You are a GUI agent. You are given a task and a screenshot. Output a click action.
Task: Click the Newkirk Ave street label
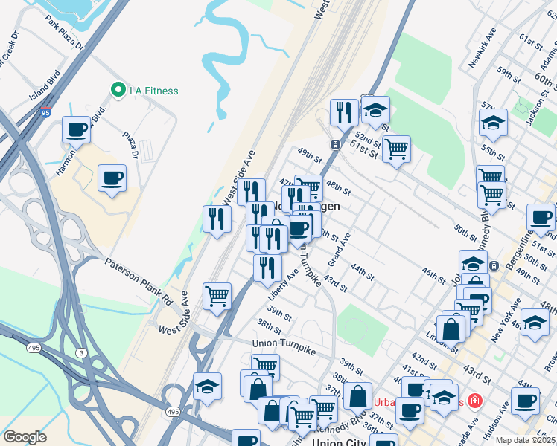tap(482, 49)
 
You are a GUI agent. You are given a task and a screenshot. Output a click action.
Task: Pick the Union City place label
tap(340, 442)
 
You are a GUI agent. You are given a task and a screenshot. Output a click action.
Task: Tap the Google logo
tap(25, 437)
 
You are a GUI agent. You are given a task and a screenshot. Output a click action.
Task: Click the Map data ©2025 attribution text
tap(525, 440)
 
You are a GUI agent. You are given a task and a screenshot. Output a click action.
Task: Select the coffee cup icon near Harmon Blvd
tap(76, 130)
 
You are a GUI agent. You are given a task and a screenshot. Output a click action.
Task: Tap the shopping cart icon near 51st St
tap(396, 149)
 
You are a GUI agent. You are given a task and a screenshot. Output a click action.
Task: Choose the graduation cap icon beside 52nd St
tap(376, 110)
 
